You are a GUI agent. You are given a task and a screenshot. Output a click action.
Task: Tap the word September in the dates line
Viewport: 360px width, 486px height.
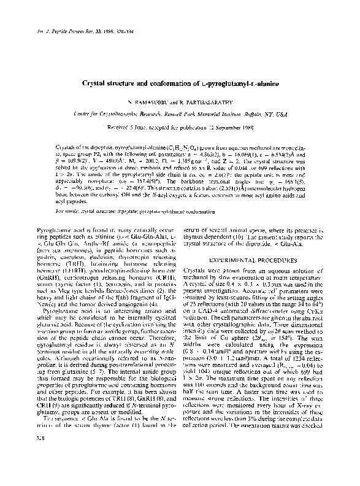[230, 129]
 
